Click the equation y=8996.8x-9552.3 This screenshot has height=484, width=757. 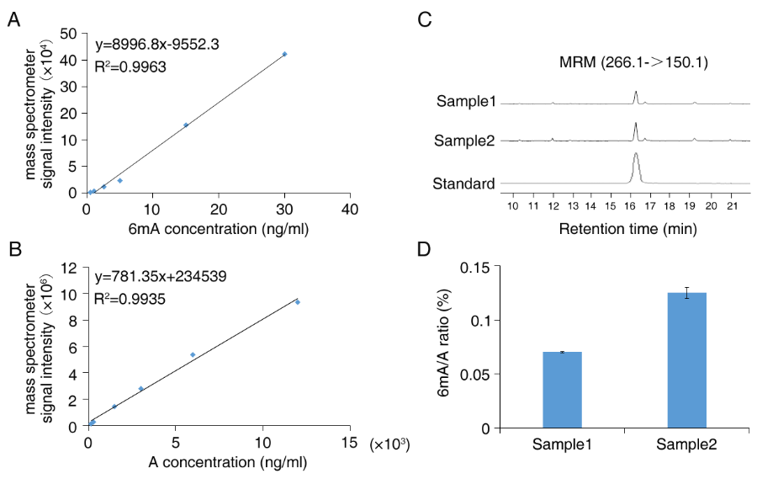(158, 43)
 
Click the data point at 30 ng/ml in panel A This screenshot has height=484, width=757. (284, 54)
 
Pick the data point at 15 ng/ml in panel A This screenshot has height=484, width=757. (186, 125)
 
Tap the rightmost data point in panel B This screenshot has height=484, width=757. (297, 301)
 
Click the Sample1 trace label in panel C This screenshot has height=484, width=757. (465, 103)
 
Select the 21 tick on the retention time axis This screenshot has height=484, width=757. (732, 205)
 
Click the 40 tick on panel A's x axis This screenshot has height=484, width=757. (351, 208)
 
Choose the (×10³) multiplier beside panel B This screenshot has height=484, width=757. (389, 443)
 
